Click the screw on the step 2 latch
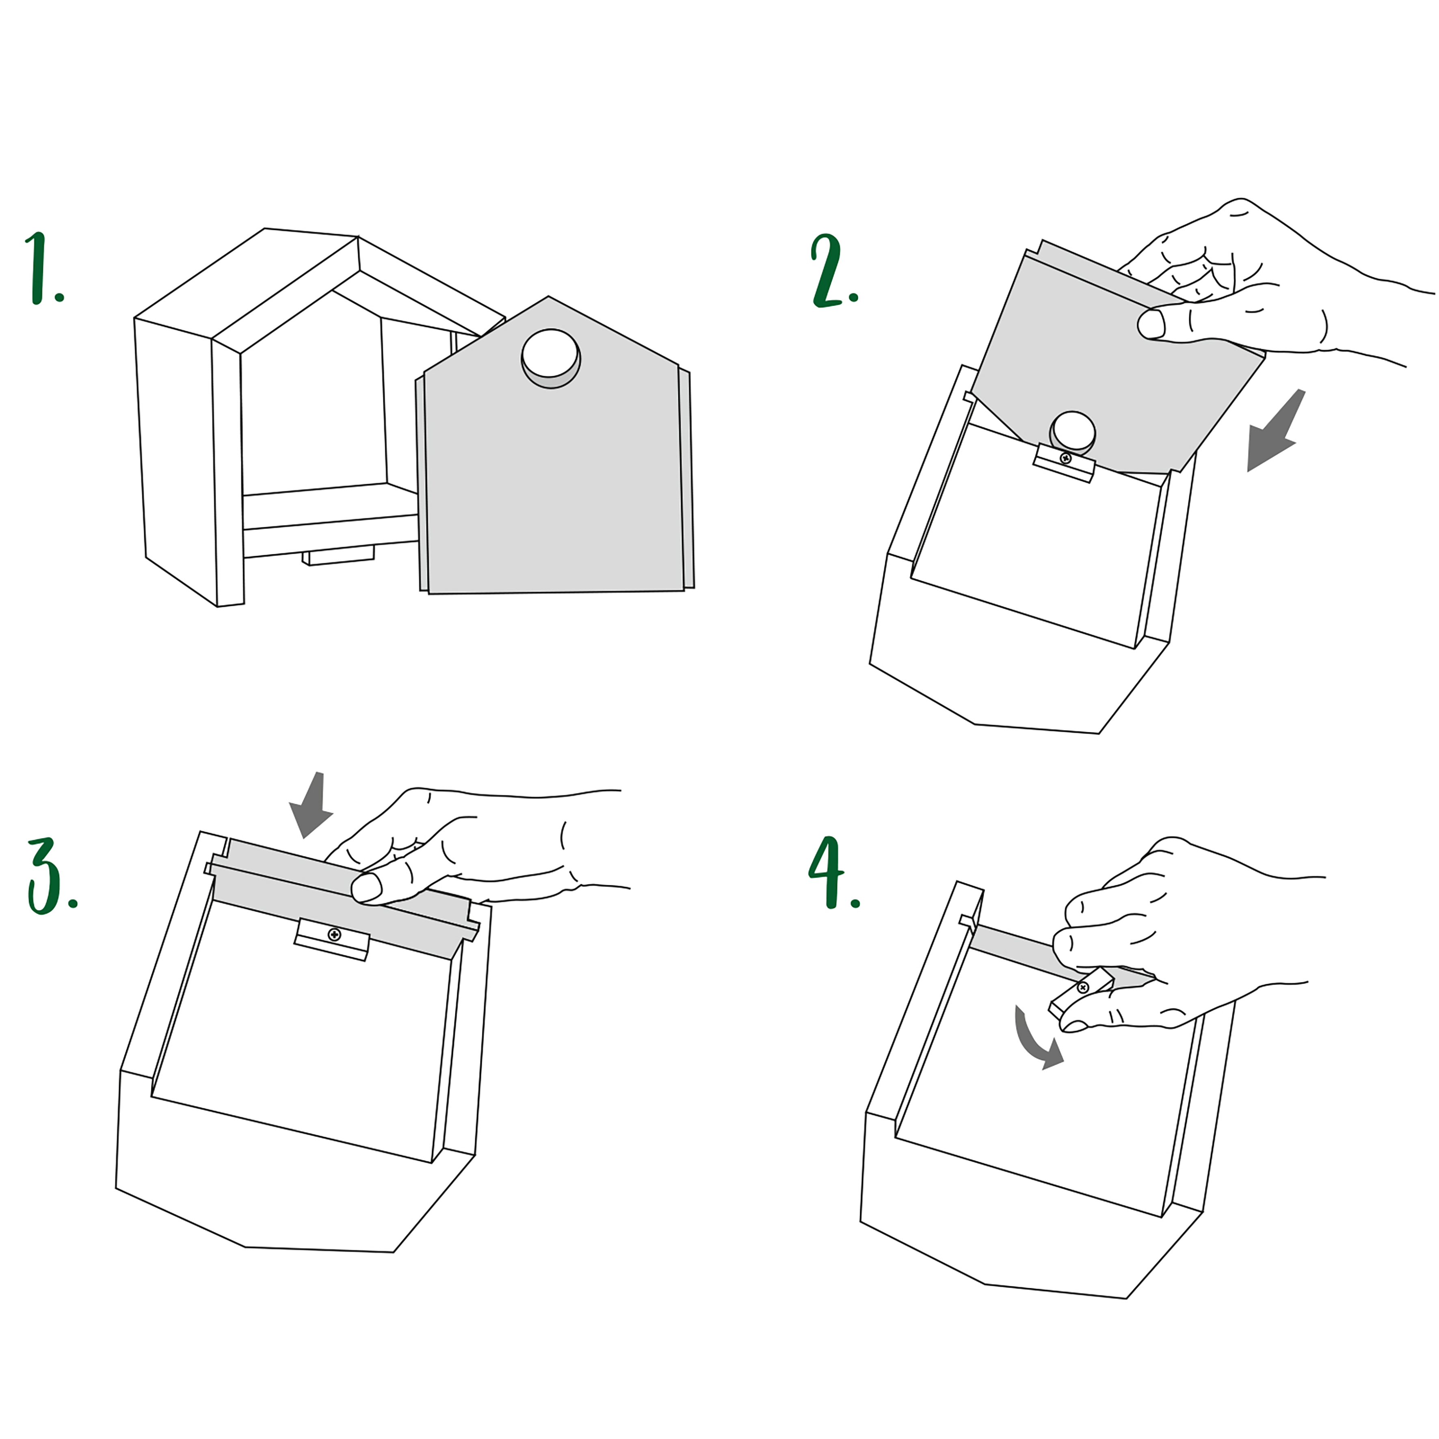[1065, 458]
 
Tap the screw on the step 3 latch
[334, 934]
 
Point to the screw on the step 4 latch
[1083, 988]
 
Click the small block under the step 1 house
[338, 555]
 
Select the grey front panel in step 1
[555, 462]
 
